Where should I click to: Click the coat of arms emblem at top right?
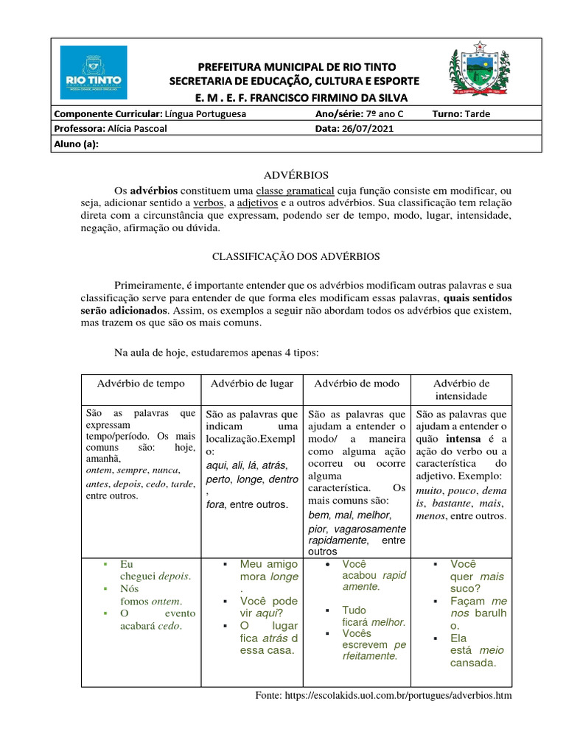(x=479, y=74)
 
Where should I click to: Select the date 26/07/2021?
(x=366, y=129)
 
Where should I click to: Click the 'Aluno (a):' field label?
(x=76, y=144)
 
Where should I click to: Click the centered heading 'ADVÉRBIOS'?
(x=296, y=175)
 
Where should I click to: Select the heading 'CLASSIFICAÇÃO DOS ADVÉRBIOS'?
(x=296, y=256)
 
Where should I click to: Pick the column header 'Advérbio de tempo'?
(x=141, y=384)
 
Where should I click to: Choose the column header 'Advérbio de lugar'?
(x=252, y=384)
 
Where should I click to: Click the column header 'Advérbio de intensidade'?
(x=461, y=390)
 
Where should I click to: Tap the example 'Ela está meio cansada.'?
(x=472, y=650)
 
